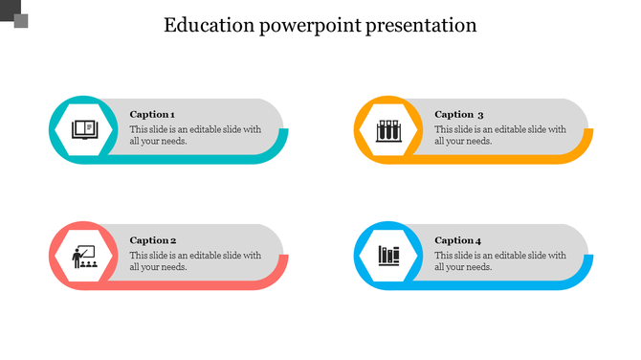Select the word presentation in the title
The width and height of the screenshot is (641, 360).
[422, 25]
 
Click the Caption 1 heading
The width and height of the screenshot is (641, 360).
[152, 114]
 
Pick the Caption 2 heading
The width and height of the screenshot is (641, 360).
[153, 240]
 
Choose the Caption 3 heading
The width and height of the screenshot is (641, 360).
[459, 114]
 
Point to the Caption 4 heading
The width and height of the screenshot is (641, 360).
[458, 240]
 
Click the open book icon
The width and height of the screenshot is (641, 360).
[84, 128]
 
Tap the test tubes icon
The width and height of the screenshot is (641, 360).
[388, 129]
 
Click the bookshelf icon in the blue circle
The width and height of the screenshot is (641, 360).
[388, 256]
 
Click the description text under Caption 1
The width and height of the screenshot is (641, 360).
[195, 135]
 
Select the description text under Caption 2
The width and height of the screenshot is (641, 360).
[195, 261]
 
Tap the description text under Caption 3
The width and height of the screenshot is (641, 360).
[500, 135]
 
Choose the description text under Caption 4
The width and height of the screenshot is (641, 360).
[500, 261]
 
